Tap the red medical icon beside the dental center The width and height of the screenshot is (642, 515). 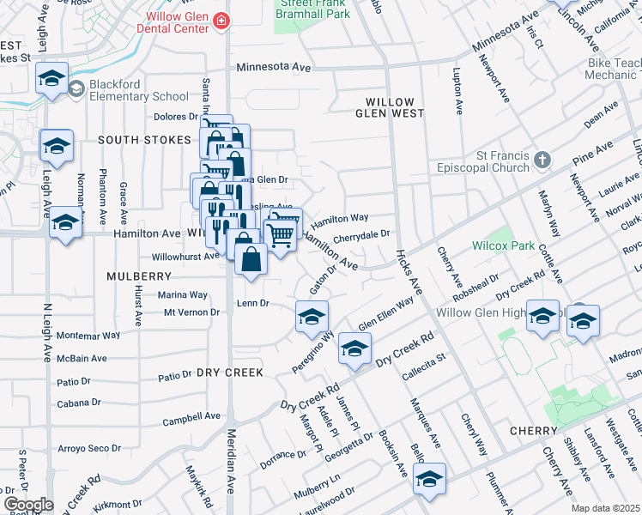pyautogui.click(x=222, y=20)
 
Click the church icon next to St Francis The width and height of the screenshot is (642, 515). pyautogui.click(x=542, y=160)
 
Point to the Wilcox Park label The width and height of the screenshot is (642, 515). pyautogui.click(x=503, y=245)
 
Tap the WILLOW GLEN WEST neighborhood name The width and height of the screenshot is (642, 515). pyautogui.click(x=390, y=107)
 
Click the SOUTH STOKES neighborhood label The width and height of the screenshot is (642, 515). pyautogui.click(x=143, y=139)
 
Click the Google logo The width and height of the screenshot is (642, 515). pyautogui.click(x=28, y=505)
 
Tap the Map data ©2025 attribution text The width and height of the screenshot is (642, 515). pyautogui.click(x=605, y=508)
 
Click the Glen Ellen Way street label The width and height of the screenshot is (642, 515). pyautogui.click(x=385, y=314)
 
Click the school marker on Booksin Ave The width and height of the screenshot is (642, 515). pyautogui.click(x=429, y=480)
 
